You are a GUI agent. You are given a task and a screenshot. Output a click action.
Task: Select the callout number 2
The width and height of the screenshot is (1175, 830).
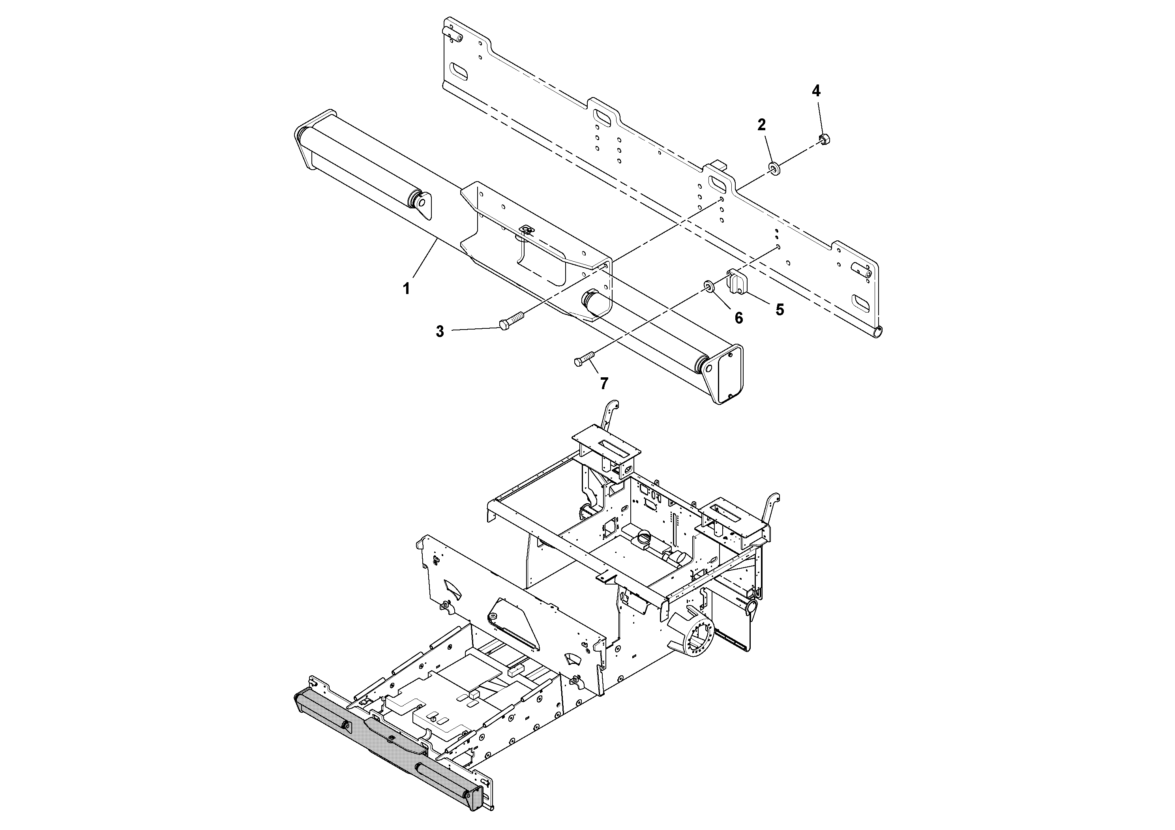pyautogui.click(x=761, y=124)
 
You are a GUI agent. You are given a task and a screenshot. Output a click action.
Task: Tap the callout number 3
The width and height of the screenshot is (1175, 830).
pyautogui.click(x=440, y=332)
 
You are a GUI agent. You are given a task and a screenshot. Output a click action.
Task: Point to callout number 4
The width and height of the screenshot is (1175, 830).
pyautogui.click(x=816, y=91)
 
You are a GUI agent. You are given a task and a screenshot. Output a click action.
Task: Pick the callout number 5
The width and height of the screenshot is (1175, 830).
pyautogui.click(x=780, y=309)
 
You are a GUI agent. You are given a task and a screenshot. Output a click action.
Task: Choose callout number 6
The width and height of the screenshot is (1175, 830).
pyautogui.click(x=738, y=318)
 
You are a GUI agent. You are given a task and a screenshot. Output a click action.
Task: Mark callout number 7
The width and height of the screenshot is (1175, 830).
pyautogui.click(x=604, y=383)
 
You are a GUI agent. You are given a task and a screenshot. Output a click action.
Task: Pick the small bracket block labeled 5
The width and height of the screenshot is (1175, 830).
pyautogui.click(x=737, y=283)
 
